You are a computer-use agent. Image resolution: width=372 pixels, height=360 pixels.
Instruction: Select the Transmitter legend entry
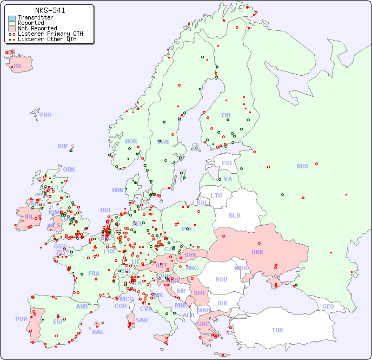click(35, 18)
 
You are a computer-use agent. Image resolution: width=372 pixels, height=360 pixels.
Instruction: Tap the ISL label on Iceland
click(18, 67)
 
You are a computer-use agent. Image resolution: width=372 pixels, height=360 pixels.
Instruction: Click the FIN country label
click(226, 115)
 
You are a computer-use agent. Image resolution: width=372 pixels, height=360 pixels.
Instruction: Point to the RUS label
click(302, 166)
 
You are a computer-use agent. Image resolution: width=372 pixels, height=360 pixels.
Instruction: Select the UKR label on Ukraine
click(257, 252)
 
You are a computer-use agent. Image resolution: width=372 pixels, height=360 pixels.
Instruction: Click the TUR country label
click(277, 330)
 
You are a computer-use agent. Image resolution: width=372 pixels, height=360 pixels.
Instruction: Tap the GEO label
click(328, 306)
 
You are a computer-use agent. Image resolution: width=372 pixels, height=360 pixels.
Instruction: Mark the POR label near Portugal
click(21, 319)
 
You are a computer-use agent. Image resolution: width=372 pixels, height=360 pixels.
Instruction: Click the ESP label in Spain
click(58, 322)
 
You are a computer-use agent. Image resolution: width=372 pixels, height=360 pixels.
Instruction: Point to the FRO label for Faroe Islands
click(46, 115)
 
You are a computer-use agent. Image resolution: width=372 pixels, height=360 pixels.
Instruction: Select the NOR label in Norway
click(131, 141)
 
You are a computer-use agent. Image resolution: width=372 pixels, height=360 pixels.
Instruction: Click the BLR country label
click(234, 215)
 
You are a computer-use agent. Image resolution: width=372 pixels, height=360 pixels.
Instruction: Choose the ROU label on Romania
click(221, 279)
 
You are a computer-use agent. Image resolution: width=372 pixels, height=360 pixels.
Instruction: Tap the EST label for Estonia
click(227, 163)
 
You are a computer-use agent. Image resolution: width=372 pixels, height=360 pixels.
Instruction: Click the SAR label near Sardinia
click(142, 320)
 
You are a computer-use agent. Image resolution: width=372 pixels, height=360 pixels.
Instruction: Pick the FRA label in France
click(94, 273)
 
